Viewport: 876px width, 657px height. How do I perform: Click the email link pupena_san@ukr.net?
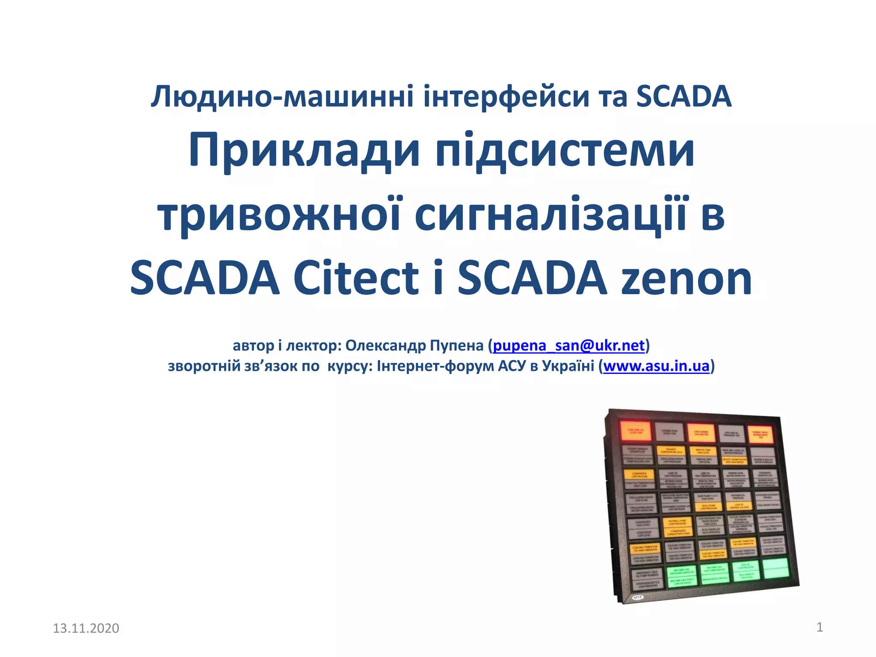(568, 345)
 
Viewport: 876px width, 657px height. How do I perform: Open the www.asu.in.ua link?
(656, 366)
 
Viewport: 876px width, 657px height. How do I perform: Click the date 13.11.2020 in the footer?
(86, 628)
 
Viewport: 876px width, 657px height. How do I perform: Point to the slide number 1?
(820, 627)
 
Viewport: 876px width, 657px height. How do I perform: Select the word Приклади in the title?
(304, 151)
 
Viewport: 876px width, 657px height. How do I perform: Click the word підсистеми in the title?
(565, 151)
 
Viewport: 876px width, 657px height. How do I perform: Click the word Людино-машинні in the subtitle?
(282, 96)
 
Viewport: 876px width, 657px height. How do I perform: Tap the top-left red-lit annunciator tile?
(635, 431)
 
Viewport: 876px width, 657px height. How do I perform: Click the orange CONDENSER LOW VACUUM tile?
(639, 475)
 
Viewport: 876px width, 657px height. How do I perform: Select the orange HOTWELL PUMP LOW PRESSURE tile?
(677, 522)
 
